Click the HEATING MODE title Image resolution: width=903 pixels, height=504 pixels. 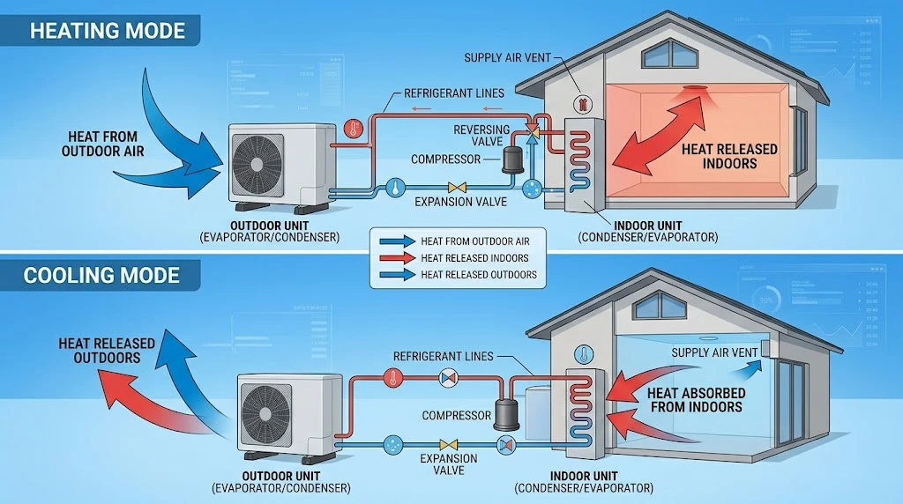108,31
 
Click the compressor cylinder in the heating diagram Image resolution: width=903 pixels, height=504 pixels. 511,159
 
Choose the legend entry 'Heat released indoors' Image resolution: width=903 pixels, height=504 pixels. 475,258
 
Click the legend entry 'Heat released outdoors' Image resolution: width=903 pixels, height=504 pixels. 479,275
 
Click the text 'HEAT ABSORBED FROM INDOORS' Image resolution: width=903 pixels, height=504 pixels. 695,400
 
